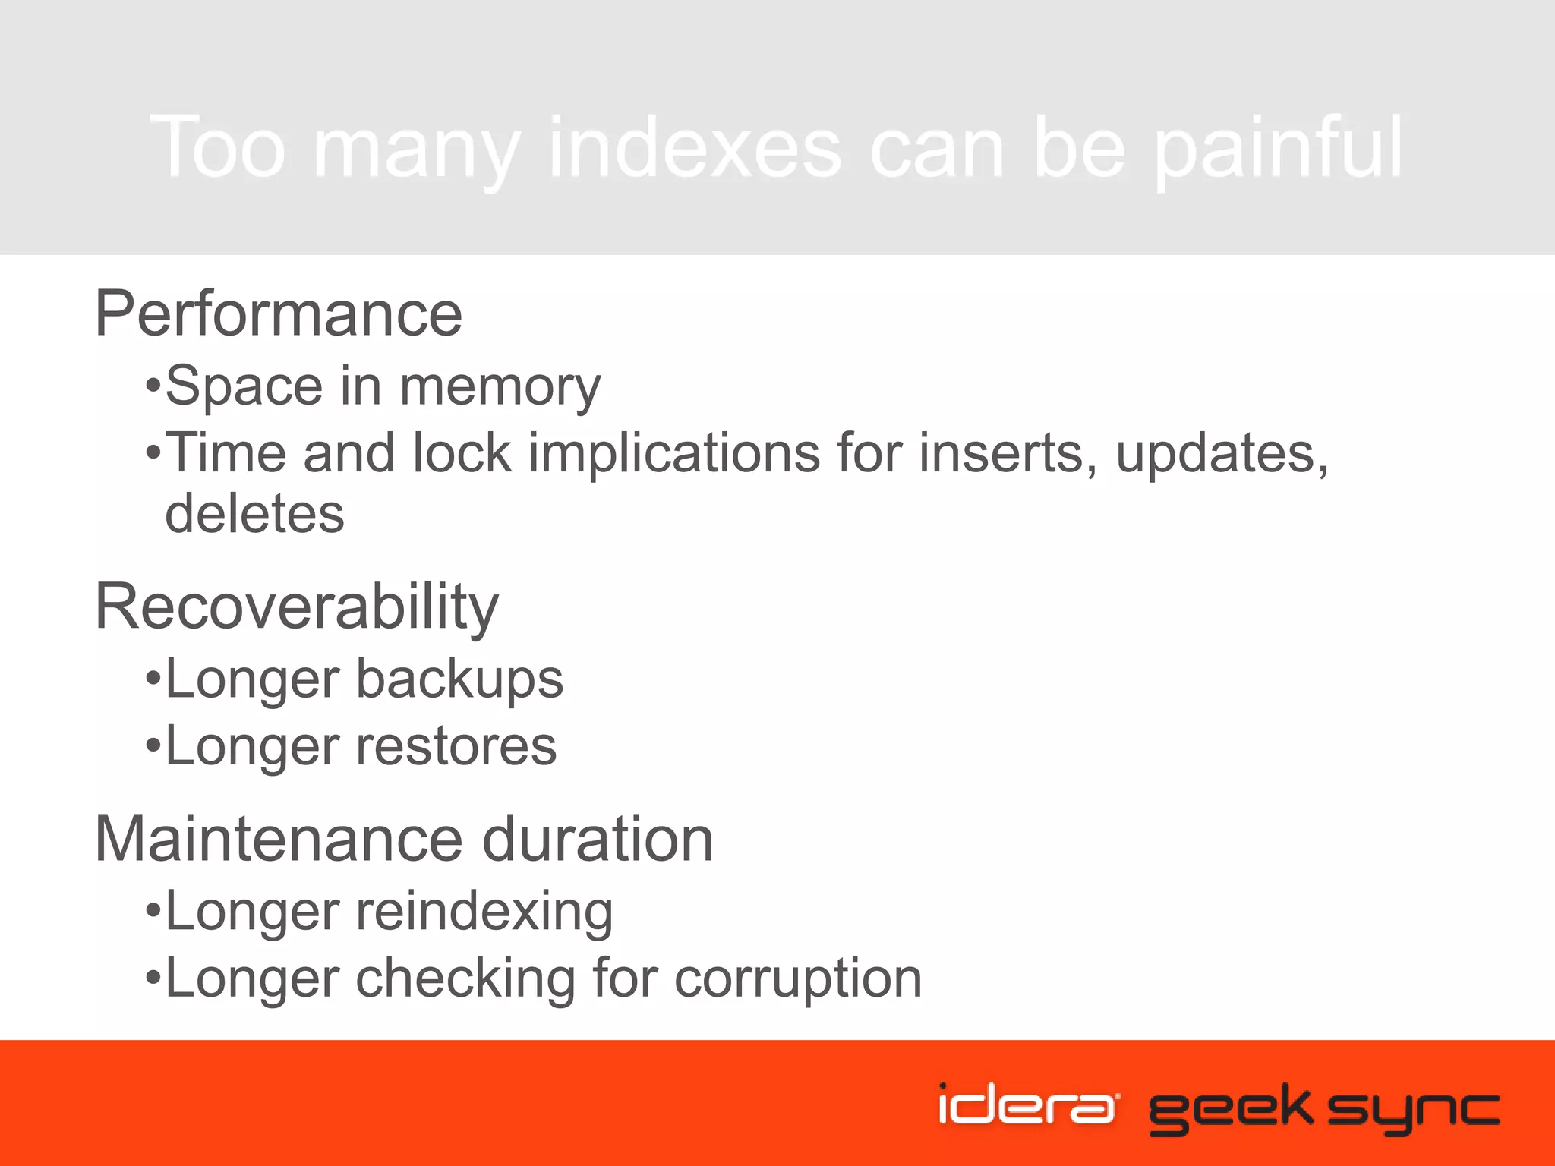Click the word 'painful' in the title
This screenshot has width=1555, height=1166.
[x=1278, y=148]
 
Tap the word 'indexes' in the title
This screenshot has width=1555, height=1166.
[x=694, y=148]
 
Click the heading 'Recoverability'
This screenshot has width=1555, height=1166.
[x=296, y=607]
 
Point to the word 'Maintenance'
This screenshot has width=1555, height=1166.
[x=278, y=839]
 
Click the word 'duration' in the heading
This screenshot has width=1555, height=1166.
[x=598, y=839]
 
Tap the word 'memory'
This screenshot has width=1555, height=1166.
[x=500, y=387]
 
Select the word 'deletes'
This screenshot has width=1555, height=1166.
[x=254, y=514]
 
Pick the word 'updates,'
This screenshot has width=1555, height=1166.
[x=1222, y=453]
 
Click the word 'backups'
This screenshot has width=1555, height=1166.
[x=459, y=679]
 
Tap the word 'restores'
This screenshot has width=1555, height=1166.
[x=456, y=745]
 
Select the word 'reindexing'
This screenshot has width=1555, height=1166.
[x=484, y=911]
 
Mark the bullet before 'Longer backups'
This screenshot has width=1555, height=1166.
[x=153, y=678]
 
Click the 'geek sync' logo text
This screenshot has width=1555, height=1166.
[x=1324, y=1108]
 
